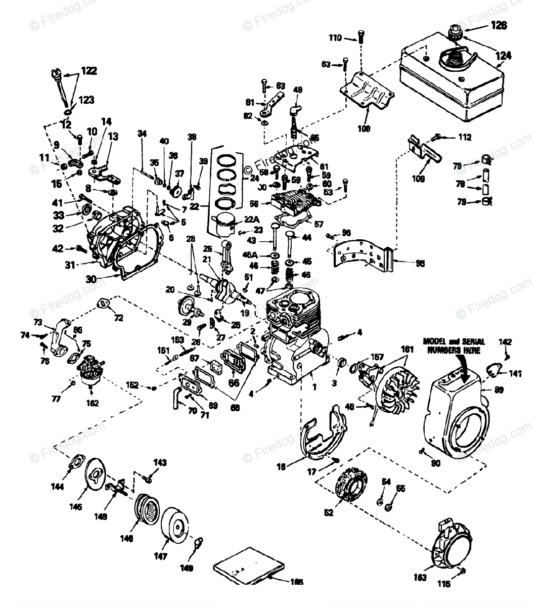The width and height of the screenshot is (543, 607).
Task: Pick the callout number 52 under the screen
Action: pos(329,512)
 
